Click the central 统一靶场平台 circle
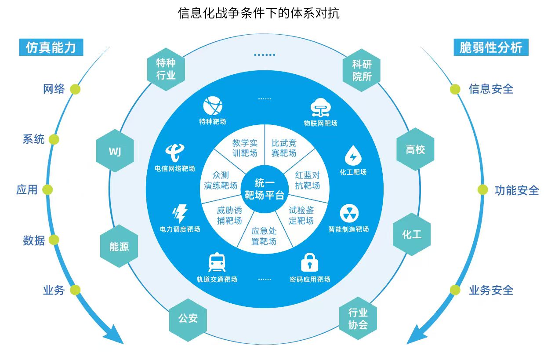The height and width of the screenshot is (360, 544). click(264, 189)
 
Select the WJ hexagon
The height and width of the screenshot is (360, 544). click(115, 152)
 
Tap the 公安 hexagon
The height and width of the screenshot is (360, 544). click(188, 319)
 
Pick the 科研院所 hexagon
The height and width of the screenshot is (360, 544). click(362, 70)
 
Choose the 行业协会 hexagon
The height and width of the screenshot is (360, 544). click(358, 319)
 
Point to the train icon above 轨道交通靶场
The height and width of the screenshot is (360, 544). click(217, 262)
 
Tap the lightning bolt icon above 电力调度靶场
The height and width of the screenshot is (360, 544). click(180, 214)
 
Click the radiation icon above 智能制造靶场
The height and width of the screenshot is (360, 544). click(349, 214)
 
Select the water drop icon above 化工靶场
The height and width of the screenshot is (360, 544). click(353, 156)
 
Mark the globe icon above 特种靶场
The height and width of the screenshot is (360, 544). click(213, 106)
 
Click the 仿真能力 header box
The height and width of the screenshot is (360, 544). click(51, 47)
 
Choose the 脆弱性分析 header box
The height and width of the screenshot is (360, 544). click(491, 47)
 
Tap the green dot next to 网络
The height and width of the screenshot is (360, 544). click(75, 89)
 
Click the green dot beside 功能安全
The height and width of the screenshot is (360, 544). click(482, 190)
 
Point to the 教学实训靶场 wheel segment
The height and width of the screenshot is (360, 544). click(245, 148)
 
